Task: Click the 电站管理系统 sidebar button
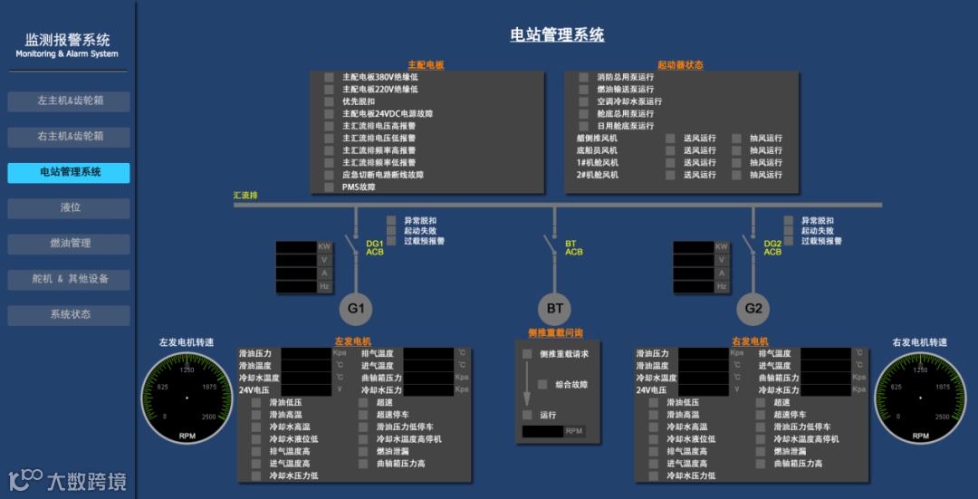(69, 172)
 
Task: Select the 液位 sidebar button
(69, 207)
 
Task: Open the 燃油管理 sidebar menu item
(69, 243)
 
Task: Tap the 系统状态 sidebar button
(69, 314)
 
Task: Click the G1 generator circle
(356, 309)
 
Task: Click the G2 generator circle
(753, 309)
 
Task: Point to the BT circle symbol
(555, 309)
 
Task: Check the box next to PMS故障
(330, 187)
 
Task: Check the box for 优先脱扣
(330, 101)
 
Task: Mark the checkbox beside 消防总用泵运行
(584, 77)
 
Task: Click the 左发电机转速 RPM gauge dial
(187, 398)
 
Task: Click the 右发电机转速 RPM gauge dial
(920, 398)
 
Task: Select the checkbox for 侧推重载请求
(527, 354)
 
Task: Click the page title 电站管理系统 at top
(557, 35)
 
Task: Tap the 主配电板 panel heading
(426, 65)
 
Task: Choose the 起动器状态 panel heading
(680, 65)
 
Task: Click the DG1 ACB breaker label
(375, 247)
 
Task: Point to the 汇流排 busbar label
(245, 195)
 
